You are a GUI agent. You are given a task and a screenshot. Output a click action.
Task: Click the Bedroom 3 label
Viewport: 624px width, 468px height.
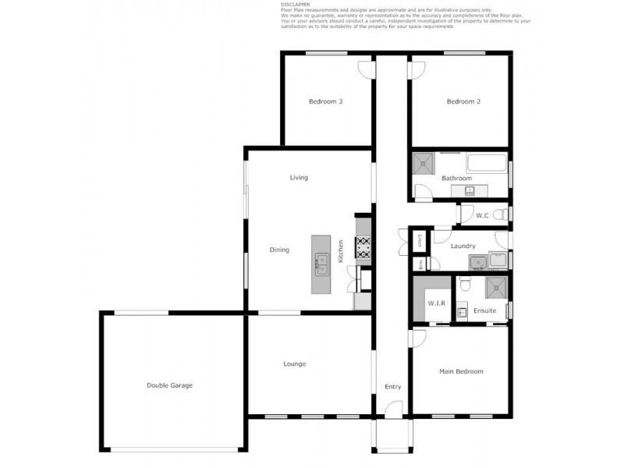pos(325,102)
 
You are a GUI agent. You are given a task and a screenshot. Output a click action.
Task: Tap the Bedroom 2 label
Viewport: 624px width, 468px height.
pos(463,102)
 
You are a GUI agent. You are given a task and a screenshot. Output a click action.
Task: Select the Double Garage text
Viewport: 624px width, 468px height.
pos(169,385)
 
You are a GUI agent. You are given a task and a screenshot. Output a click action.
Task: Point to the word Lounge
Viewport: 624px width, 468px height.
pos(295,364)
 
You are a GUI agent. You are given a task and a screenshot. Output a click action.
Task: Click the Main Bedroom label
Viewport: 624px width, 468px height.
pos(461,371)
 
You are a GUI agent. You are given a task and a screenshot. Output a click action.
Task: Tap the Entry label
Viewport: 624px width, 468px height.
pos(392,387)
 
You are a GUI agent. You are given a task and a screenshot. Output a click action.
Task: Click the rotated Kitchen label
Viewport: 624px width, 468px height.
pos(341,250)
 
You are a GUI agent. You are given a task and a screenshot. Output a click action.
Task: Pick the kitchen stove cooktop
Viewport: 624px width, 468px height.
pos(363,248)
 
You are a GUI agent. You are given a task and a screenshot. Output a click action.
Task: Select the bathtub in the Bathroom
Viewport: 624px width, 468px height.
pos(487,165)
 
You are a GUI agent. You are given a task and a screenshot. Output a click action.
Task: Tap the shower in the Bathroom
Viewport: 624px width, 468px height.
pos(424,163)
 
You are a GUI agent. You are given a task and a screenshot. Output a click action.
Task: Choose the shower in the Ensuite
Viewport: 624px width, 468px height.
pos(495,289)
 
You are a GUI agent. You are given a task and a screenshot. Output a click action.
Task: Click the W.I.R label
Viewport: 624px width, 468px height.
pos(436,304)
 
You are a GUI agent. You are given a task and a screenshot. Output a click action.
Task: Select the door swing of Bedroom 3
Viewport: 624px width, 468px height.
pos(365,70)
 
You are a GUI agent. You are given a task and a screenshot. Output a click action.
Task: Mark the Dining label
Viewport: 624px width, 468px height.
pos(279,250)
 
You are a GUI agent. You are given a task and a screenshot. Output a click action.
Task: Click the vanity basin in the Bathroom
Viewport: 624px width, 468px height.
pos(469,190)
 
